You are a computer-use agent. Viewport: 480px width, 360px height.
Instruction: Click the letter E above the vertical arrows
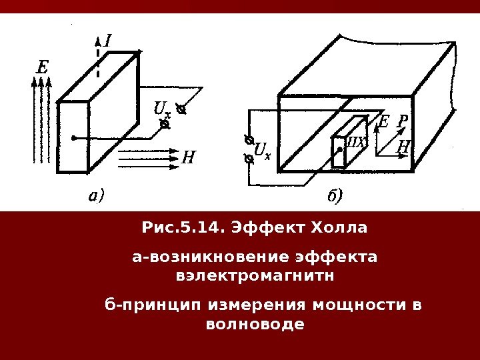point(42,67)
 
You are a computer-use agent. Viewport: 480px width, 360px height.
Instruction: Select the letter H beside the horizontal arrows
point(189,158)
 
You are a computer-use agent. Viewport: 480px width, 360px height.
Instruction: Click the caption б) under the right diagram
point(334,196)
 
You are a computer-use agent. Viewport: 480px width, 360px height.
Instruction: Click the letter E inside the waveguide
point(383,122)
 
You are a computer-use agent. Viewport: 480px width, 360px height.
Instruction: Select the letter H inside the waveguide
point(403,147)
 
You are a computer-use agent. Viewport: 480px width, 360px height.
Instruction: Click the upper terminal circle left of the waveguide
point(248,140)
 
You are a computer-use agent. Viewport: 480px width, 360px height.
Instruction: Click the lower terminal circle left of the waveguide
point(248,159)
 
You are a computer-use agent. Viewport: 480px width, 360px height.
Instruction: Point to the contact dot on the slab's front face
point(74,138)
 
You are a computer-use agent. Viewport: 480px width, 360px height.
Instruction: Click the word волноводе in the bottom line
point(255,325)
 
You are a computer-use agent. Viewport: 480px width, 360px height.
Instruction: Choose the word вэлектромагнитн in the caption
point(255,275)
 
